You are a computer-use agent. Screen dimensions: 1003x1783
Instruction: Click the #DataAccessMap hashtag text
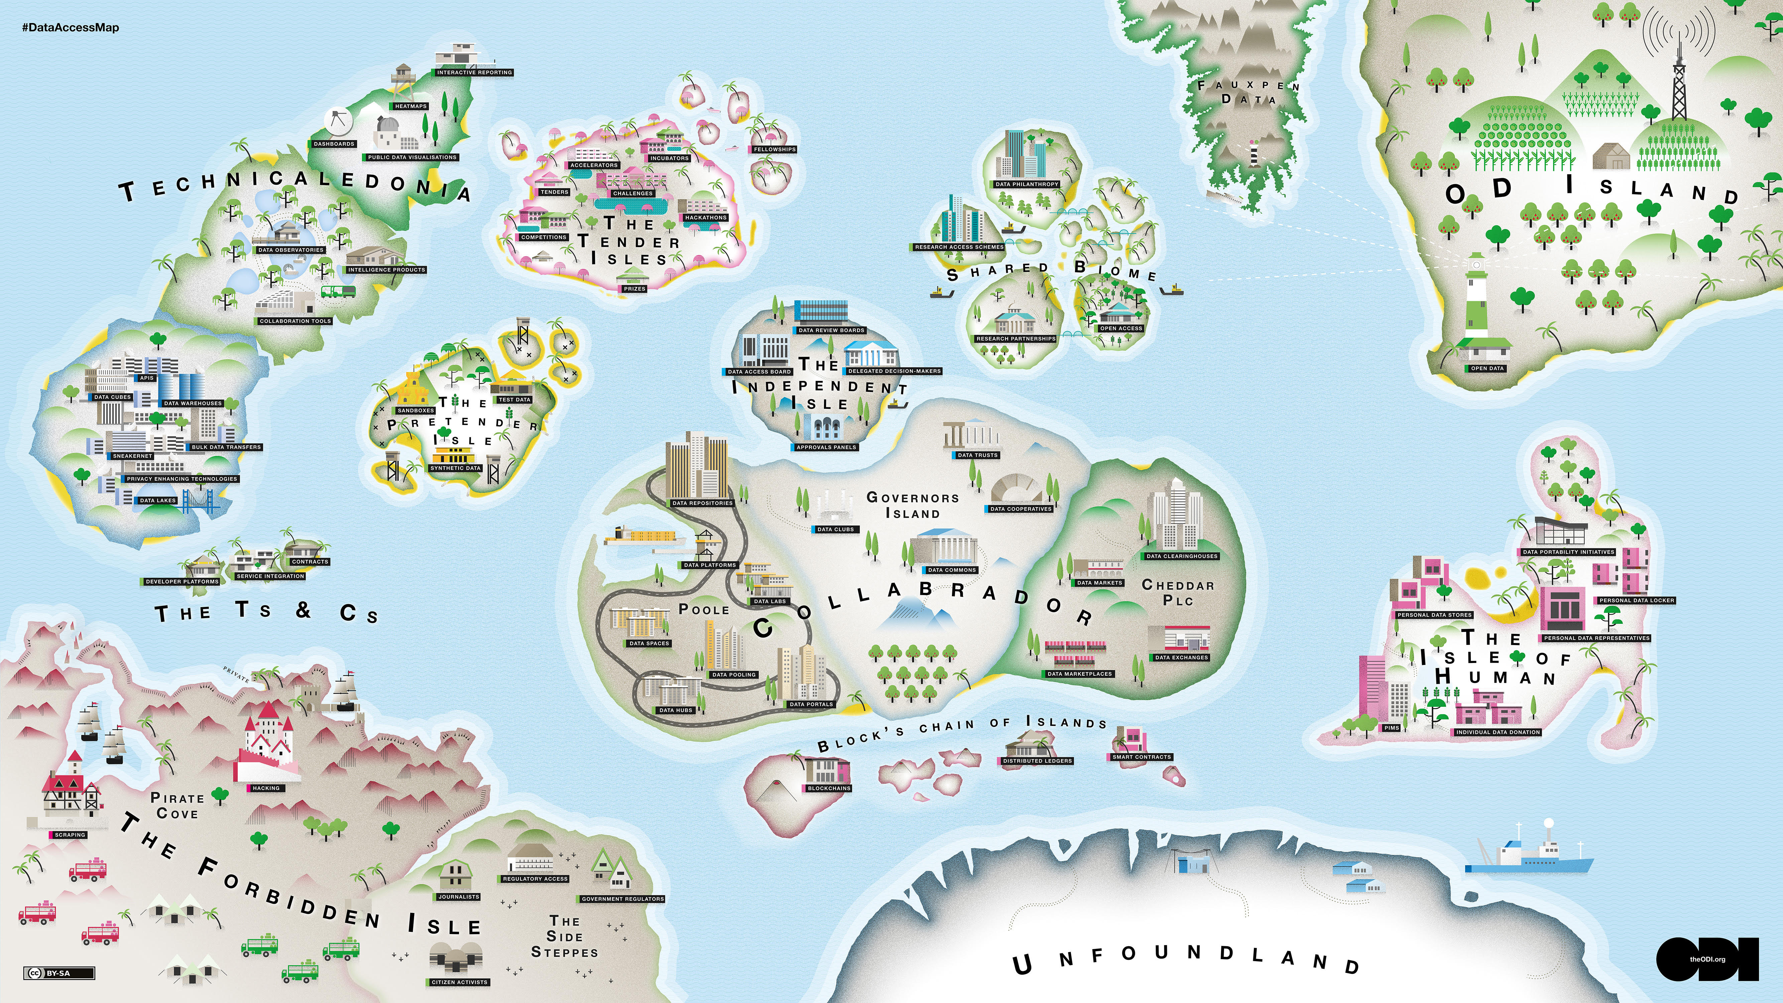pyautogui.click(x=71, y=28)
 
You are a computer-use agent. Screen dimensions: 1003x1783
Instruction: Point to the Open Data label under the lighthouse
pyautogui.click(x=1487, y=368)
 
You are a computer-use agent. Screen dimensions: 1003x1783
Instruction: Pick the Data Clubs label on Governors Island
pyautogui.click(x=835, y=530)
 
